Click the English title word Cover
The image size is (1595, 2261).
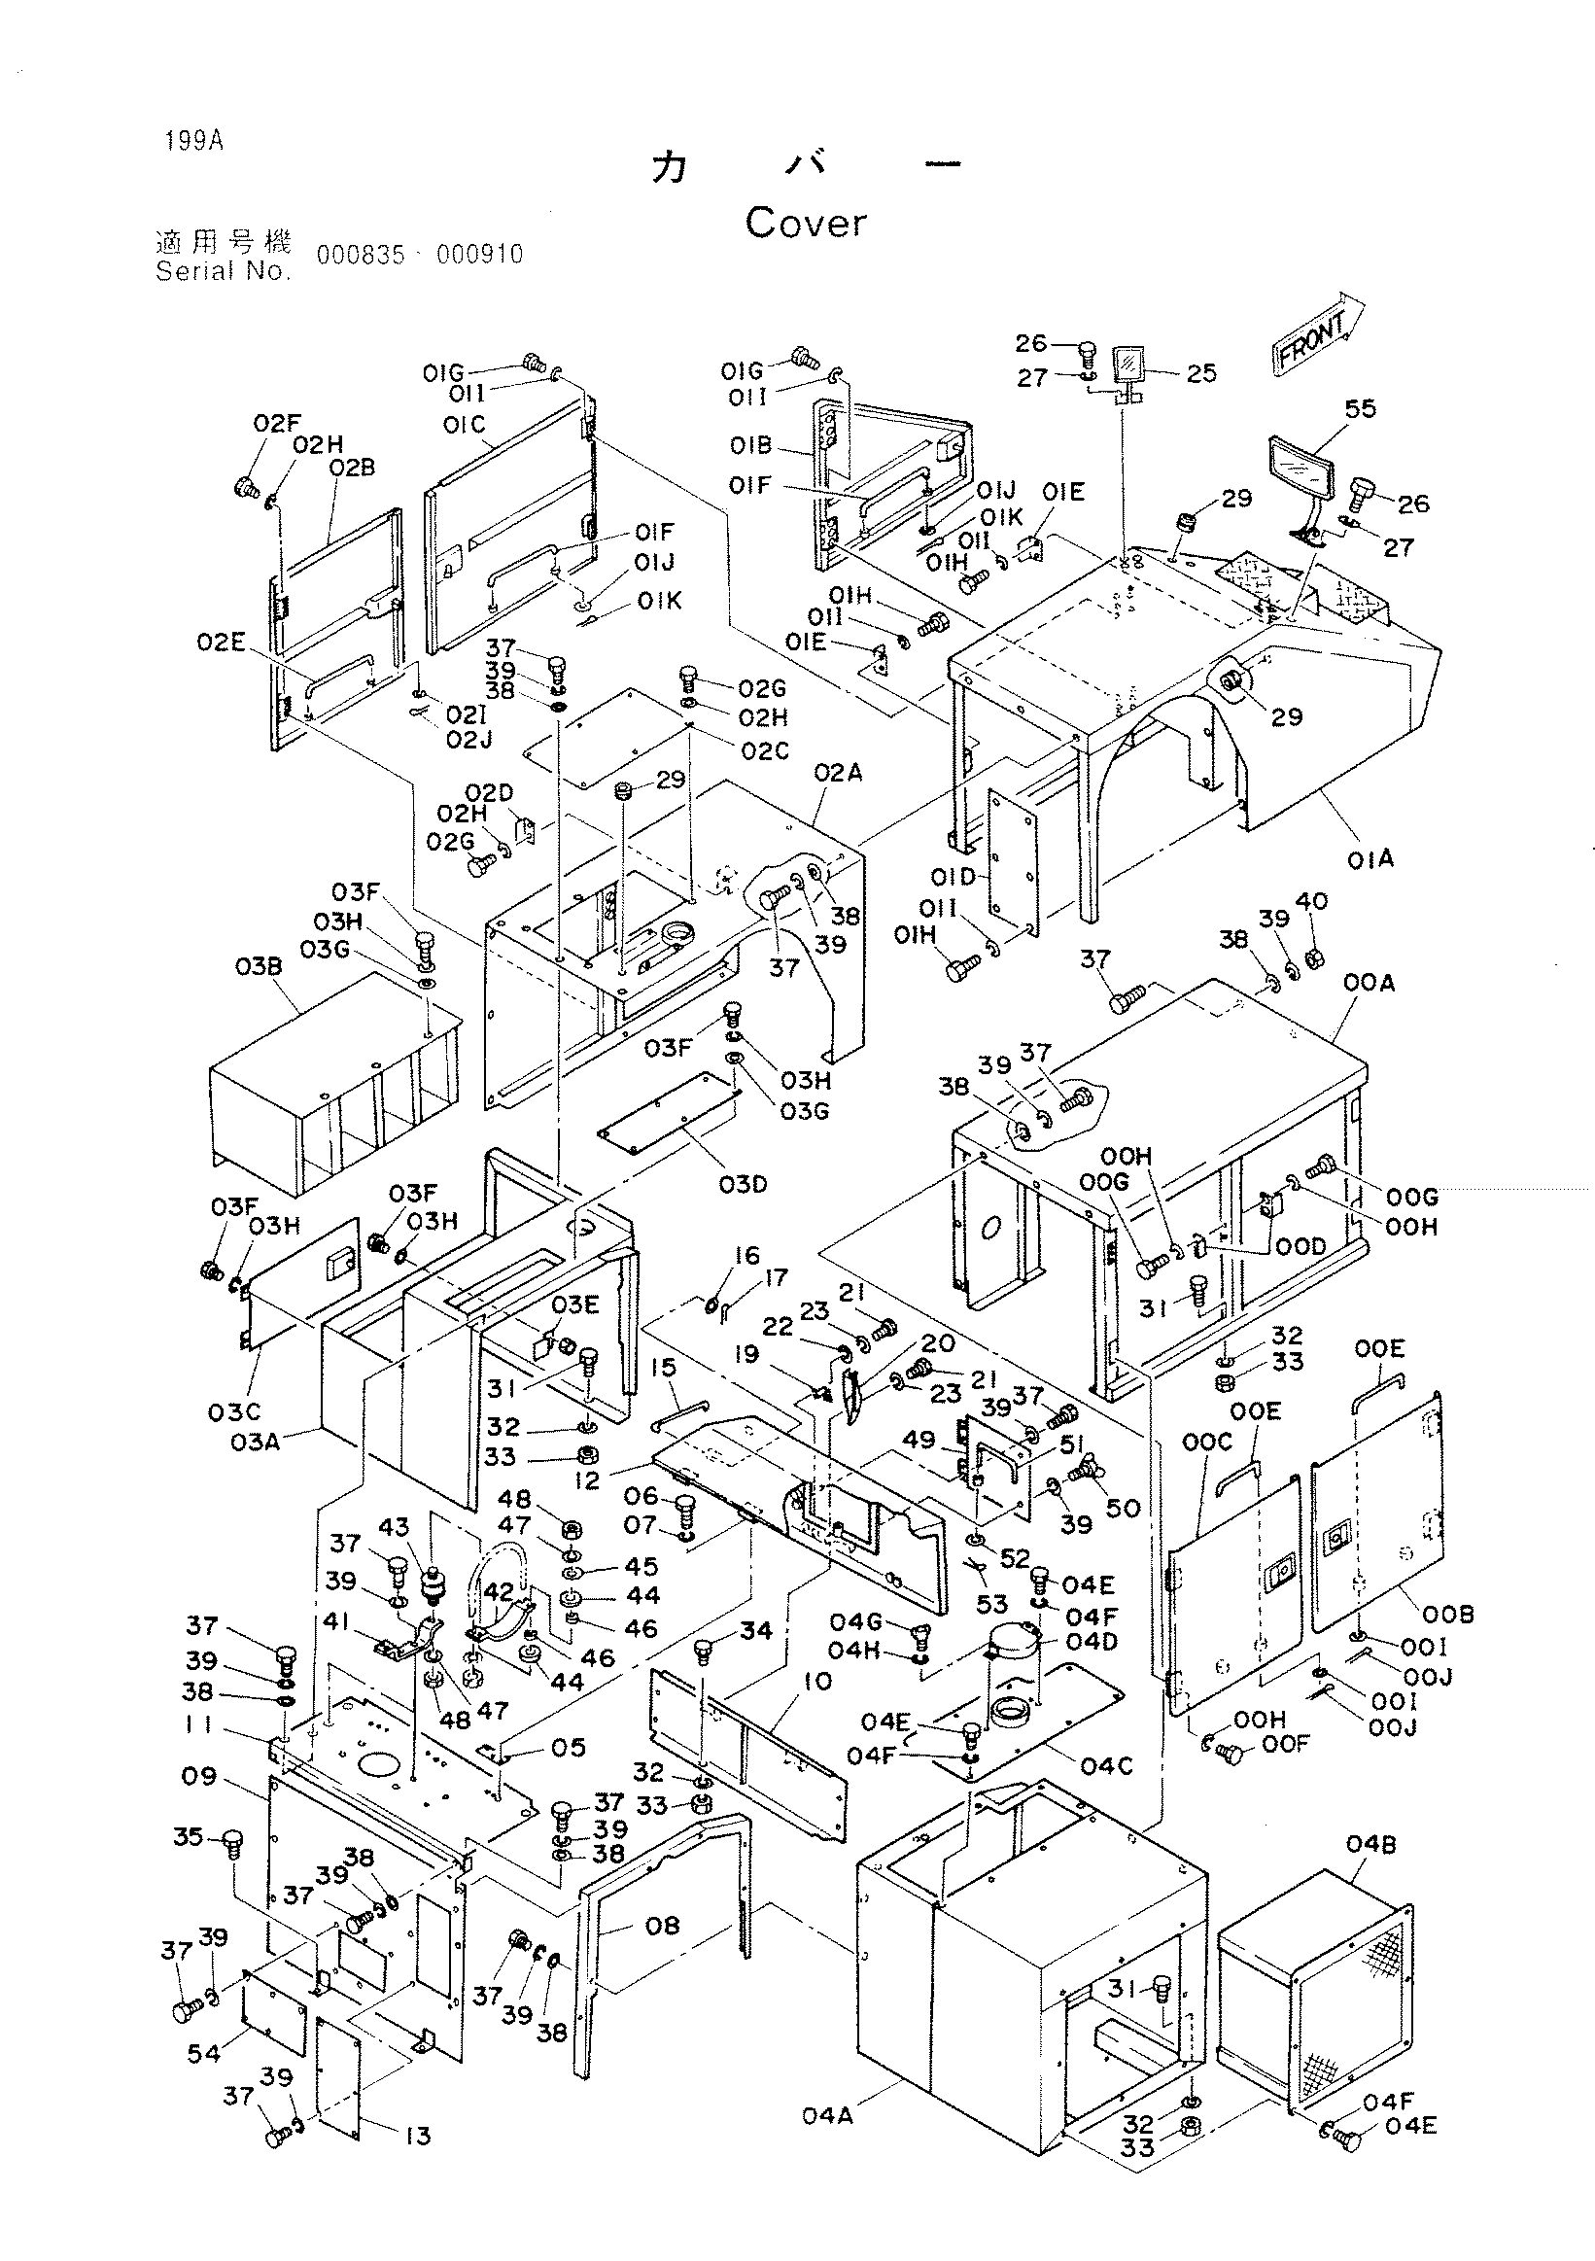pyautogui.click(x=806, y=224)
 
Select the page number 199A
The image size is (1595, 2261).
pyautogui.click(x=195, y=141)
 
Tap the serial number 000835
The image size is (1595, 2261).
pyautogui.click(x=361, y=255)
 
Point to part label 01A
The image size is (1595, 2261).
pyautogui.click(x=1370, y=859)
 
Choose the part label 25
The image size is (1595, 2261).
pyautogui.click(x=1201, y=373)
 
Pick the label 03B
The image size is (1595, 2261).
pyautogui.click(x=259, y=967)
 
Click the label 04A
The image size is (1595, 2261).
pyautogui.click(x=827, y=2115)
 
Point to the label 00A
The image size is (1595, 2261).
pyautogui.click(x=1370, y=984)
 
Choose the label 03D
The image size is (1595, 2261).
pyautogui.click(x=744, y=1184)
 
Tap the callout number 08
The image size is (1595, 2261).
pyautogui.click(x=662, y=1926)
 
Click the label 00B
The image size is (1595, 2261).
pyautogui.click(x=1449, y=1614)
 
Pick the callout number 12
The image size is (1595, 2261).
pyautogui.click(x=587, y=1481)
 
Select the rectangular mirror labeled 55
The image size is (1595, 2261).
pyautogui.click(x=1300, y=472)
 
